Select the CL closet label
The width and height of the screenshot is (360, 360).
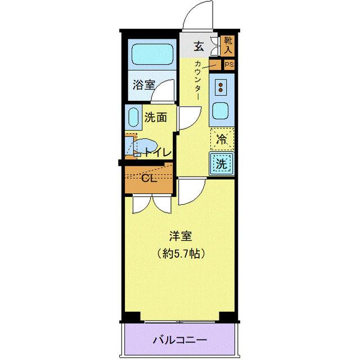click(x=148, y=179)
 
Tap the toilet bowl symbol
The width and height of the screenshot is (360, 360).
click(x=141, y=147)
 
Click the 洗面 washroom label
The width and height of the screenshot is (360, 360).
click(x=155, y=118)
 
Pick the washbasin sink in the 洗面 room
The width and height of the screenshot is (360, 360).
click(x=134, y=118)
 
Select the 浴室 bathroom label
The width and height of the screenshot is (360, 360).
click(x=144, y=85)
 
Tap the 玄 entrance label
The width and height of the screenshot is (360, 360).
click(x=199, y=46)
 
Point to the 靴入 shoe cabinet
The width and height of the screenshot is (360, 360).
click(x=227, y=45)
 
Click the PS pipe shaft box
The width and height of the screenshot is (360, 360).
click(x=228, y=65)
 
